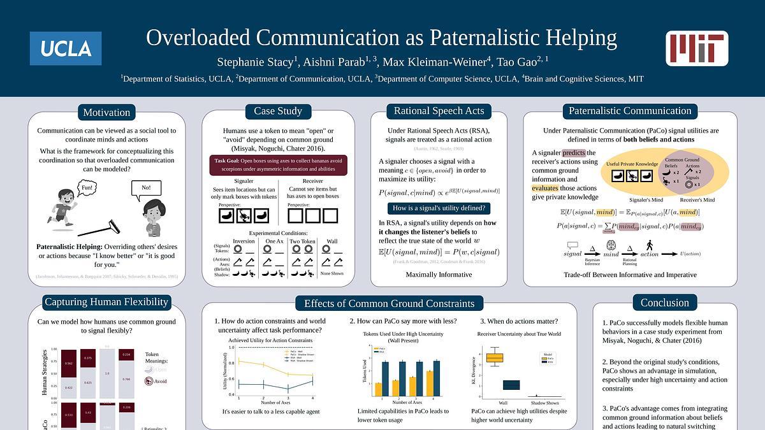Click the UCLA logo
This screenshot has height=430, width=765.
pos(66,48)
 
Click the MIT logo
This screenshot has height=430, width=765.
pos(697,48)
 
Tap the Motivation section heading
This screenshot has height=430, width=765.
pos(106,112)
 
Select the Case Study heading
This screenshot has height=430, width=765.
pos(278,111)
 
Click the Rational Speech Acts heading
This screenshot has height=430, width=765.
pos(439,111)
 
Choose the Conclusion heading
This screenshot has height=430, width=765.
pos(664,303)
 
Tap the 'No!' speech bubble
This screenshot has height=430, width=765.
pos(146,188)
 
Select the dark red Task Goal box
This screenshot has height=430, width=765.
pos(278,164)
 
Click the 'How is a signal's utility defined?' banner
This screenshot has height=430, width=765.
pos(439,208)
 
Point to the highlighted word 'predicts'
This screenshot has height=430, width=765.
pos(573,153)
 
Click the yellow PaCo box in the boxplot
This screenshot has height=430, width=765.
pos(495,358)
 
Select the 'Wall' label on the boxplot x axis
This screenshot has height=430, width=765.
pos(502,403)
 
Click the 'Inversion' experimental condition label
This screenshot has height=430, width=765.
pos(244,241)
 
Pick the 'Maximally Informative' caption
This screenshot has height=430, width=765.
pos(439,275)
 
